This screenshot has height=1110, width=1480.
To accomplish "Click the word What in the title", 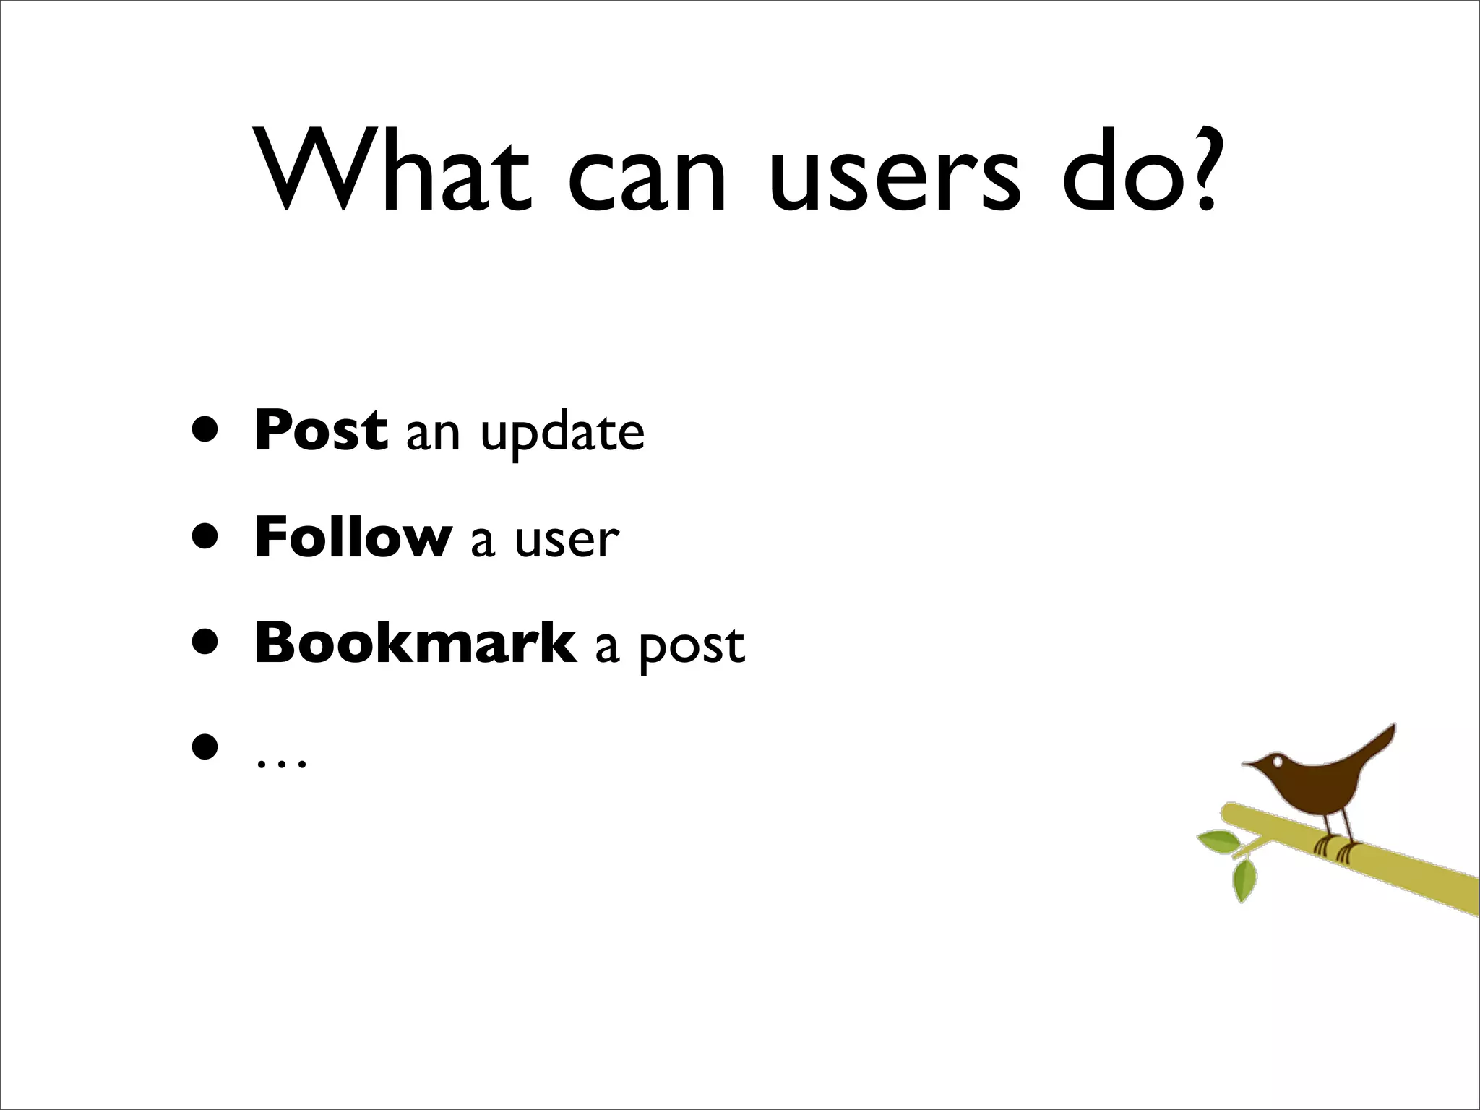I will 395,171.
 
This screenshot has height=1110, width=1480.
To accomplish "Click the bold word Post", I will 321,431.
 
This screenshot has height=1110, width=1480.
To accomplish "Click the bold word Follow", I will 353,537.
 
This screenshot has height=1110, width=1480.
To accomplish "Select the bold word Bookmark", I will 416,642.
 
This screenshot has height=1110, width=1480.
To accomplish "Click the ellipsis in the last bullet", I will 282,763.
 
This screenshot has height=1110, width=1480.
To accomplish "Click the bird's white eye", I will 1278,762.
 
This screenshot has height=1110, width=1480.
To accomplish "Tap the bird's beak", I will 1249,764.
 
